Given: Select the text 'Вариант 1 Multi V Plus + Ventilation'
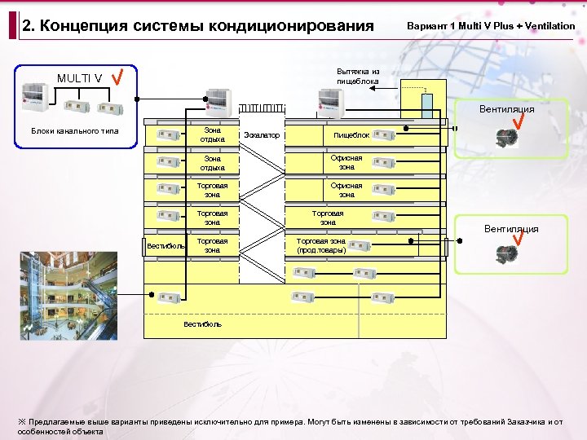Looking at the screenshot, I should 490,26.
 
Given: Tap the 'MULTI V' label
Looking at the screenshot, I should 79,78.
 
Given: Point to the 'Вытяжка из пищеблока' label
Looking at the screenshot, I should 358,76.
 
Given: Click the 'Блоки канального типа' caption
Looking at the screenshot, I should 74,131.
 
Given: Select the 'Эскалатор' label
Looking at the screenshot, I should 261,135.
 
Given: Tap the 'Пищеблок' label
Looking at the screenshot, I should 351,135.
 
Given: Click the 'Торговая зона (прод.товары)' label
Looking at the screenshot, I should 320,246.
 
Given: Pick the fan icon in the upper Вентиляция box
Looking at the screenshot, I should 506,138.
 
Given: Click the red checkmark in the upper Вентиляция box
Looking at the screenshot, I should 516,122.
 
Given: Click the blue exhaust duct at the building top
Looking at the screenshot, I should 426,107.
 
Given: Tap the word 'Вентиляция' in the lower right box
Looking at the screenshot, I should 511,230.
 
